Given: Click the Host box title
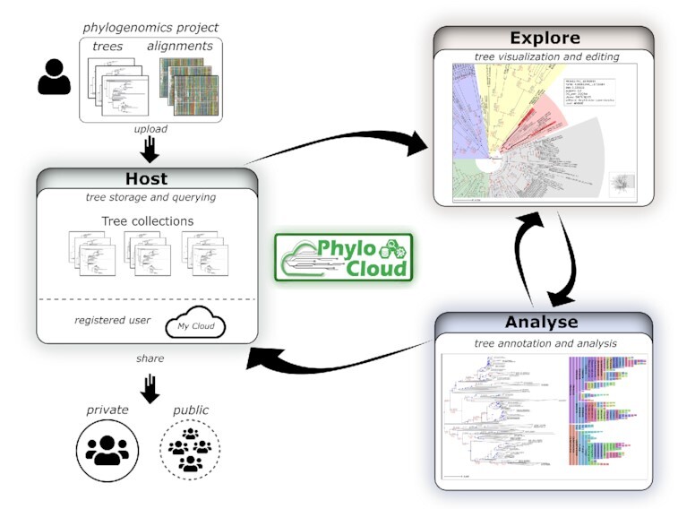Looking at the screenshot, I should [x=147, y=180].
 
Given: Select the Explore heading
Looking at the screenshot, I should [x=545, y=38].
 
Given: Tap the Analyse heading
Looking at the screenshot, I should [x=541, y=323].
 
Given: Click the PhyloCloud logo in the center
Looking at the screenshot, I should [x=345, y=258].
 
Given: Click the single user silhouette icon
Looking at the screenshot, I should [x=54, y=77].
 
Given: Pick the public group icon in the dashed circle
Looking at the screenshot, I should [x=189, y=450].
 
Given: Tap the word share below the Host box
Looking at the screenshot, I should [x=150, y=358].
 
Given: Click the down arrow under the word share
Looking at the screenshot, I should [x=150, y=387].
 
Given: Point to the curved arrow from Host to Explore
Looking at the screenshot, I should [x=340, y=139].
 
